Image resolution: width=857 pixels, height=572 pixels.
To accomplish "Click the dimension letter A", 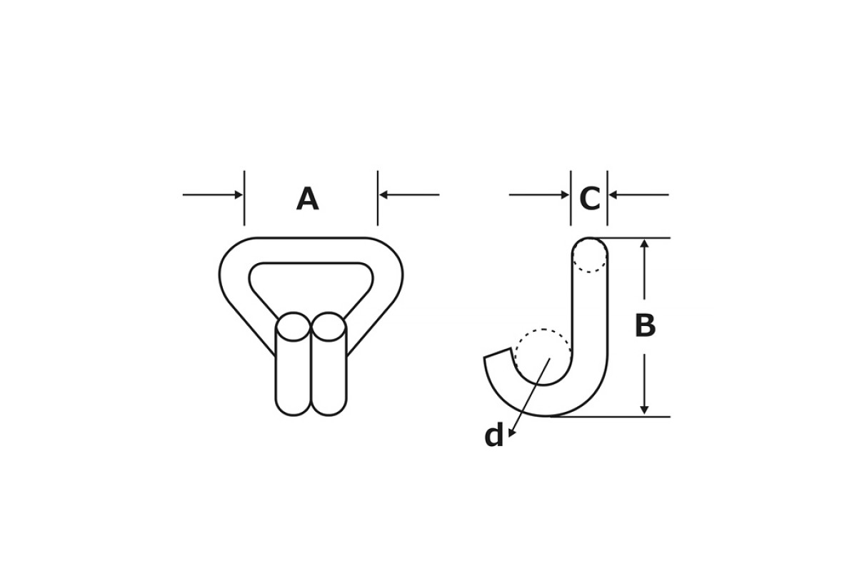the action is click(308, 199).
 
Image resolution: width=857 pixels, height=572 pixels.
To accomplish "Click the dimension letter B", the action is click(645, 325).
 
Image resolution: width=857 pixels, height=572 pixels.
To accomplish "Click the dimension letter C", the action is click(590, 199).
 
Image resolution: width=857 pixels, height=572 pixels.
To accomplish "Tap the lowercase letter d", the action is click(494, 435).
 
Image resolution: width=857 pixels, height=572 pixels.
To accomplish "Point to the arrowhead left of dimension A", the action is click(239, 194).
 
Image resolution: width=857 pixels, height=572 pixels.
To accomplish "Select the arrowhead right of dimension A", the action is click(384, 194).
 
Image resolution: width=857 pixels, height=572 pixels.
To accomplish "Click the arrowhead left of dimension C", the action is click(565, 194).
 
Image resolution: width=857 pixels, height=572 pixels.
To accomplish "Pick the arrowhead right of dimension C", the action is click(613, 194).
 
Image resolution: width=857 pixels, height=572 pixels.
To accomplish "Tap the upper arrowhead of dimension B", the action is click(644, 243).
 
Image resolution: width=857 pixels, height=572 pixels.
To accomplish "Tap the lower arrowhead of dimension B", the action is click(644, 410).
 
